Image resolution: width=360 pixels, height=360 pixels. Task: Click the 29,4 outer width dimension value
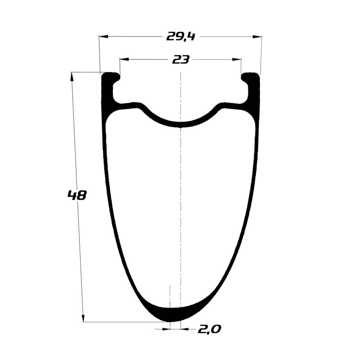tap(180, 37)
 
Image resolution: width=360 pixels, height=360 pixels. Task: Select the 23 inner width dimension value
tap(181, 60)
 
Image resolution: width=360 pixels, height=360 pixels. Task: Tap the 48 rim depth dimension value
tap(77, 195)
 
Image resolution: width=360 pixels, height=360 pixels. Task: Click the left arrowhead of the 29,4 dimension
tap(103, 37)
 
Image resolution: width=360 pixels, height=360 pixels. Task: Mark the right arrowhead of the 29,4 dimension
tap(257, 37)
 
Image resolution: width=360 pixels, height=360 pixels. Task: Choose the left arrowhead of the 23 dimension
tap(124, 59)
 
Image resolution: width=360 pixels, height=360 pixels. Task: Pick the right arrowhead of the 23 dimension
tap(237, 59)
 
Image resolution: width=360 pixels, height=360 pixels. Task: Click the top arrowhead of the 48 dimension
tap(72, 76)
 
